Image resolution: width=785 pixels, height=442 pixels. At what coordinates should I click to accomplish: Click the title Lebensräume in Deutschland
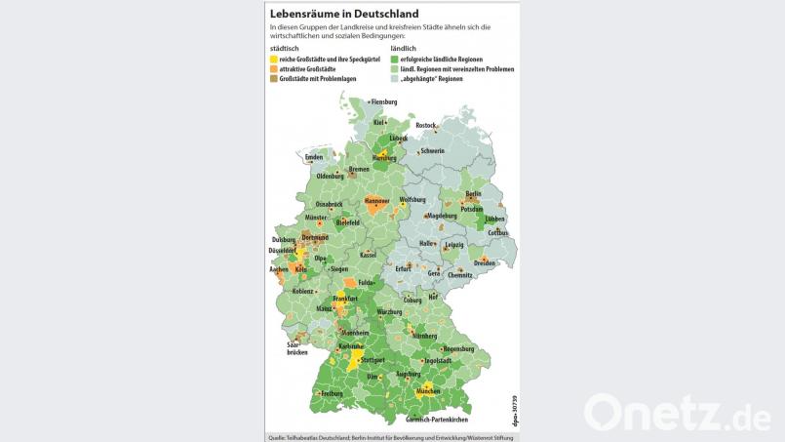[x=343, y=14]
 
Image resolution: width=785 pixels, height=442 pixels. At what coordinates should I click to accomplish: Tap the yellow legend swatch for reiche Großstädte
[x=273, y=60]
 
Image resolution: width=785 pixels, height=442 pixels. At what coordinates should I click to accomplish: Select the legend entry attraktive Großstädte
[x=312, y=69]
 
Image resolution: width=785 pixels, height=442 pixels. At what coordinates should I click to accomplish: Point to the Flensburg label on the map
[x=384, y=102]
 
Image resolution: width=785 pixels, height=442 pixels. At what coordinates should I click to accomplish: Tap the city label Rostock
[x=426, y=126]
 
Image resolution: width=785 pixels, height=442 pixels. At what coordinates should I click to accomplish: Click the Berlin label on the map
[x=474, y=194]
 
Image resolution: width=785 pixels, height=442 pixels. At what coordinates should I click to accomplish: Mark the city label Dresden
[x=485, y=263]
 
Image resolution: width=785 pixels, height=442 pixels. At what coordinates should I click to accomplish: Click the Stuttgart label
[x=372, y=360]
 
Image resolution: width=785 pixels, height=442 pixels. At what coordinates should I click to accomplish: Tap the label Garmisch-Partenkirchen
[x=439, y=420]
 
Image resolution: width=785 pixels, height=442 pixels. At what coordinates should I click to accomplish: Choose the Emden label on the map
[x=313, y=157]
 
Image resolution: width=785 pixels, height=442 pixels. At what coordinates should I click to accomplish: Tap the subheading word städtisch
[x=284, y=49]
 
